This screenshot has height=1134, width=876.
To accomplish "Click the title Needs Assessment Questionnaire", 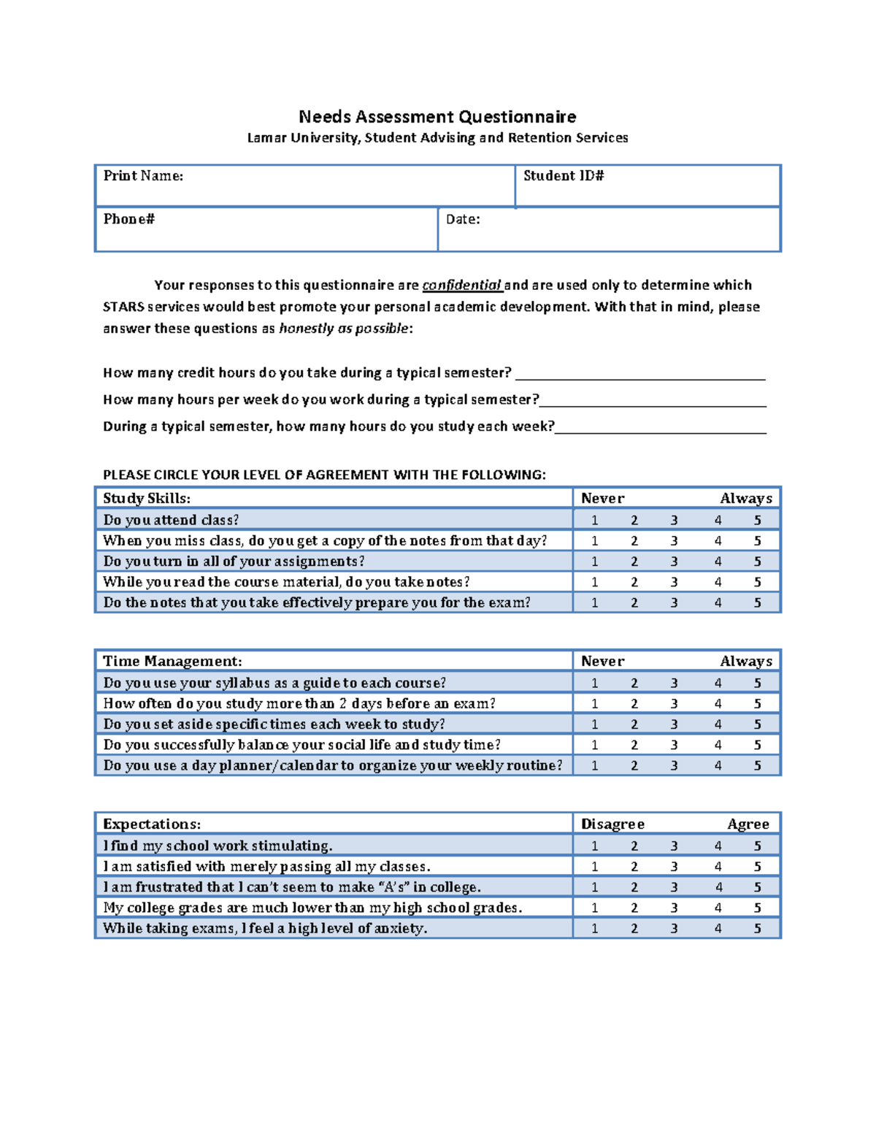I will [x=437, y=117].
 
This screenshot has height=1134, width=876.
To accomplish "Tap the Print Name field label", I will [x=143, y=176].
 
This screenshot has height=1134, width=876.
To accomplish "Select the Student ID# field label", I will [x=564, y=176].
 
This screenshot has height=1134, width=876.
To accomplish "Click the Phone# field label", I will [x=128, y=219].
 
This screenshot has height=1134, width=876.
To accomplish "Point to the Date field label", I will [x=463, y=219].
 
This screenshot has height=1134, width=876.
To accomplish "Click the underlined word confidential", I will [x=461, y=286].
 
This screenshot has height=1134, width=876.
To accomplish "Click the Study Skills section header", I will [x=147, y=499].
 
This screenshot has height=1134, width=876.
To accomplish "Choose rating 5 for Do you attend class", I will [x=758, y=520].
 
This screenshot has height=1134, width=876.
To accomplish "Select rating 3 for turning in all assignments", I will [x=674, y=562].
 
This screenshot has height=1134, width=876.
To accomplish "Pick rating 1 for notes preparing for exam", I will [x=595, y=603].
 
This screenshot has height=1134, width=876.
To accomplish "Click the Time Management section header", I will [x=172, y=662].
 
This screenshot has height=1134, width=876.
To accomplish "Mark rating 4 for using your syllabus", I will [x=718, y=683].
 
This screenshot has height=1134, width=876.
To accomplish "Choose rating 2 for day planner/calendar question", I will [x=634, y=766].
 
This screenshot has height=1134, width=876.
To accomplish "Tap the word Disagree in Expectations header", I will [x=612, y=824].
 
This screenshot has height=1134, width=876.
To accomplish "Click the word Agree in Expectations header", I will [x=748, y=824].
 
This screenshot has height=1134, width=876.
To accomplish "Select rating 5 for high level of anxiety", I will [x=758, y=929].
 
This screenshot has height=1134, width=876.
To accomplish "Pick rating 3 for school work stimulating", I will [x=674, y=846].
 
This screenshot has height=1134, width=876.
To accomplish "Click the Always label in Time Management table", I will [x=746, y=662].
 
